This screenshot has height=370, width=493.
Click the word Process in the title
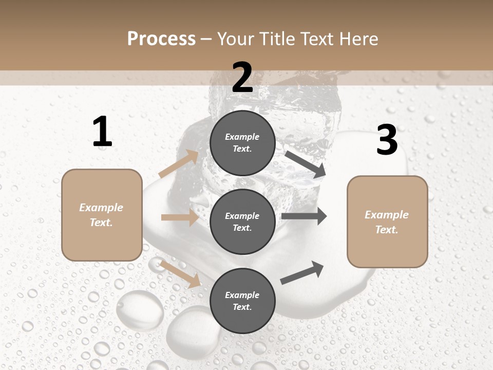point(161,39)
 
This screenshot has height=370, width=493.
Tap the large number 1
point(102,132)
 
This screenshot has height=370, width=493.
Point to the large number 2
point(242,78)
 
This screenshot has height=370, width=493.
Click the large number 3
point(387,140)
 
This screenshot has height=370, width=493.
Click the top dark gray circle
point(242,143)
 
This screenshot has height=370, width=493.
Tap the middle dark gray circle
point(242,221)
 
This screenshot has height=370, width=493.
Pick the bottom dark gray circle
point(242,301)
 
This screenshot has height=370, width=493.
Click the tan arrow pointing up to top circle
point(179,164)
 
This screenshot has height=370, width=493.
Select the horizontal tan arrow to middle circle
point(180,217)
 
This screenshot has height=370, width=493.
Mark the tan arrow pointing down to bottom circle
point(180,273)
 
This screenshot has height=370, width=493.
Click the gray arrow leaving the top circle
point(305,164)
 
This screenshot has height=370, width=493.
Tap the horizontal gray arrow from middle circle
point(304,216)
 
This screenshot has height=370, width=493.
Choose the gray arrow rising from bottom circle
point(302,273)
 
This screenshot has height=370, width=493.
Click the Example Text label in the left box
point(101,215)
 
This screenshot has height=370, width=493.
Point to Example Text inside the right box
point(387,222)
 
